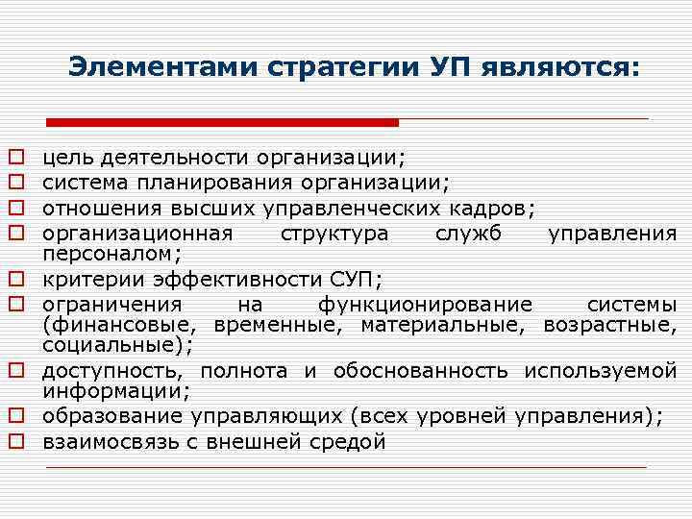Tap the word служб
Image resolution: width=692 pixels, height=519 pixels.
coord(468,233)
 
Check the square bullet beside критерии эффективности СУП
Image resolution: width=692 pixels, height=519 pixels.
coord(16,280)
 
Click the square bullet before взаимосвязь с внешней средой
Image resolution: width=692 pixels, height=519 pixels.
coord(16,442)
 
